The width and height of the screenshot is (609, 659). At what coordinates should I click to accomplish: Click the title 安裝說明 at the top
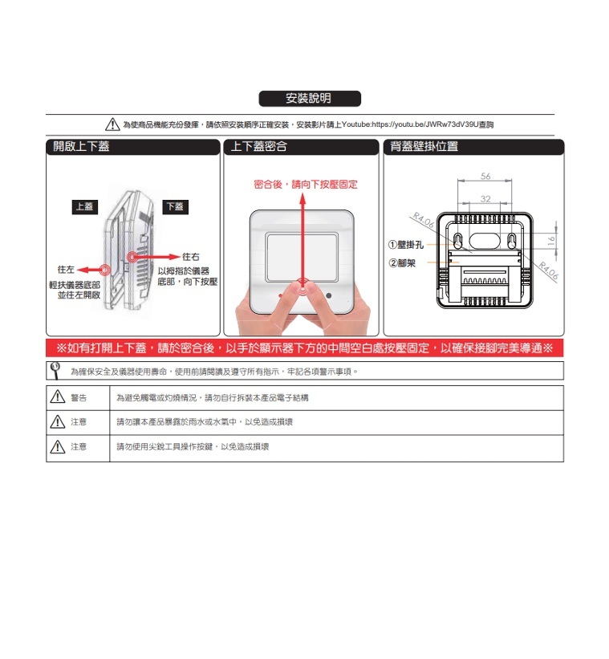click(309, 99)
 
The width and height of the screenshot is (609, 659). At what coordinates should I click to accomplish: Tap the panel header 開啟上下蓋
click(82, 146)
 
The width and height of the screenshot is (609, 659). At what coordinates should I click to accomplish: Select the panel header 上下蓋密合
click(259, 146)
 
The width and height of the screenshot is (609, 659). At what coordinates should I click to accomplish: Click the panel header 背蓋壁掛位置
click(424, 146)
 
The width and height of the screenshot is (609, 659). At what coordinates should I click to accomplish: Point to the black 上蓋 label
click(85, 207)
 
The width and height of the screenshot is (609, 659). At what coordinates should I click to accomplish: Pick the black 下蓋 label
click(175, 207)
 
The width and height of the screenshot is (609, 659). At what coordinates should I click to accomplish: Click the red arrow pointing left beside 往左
click(90, 270)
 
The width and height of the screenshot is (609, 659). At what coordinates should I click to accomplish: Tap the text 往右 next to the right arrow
click(191, 256)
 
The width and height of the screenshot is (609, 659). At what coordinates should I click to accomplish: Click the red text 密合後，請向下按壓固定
click(306, 185)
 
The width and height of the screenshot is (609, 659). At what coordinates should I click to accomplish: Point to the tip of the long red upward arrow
click(302, 193)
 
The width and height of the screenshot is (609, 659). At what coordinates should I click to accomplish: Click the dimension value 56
click(485, 176)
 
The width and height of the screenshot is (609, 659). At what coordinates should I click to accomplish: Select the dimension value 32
click(485, 199)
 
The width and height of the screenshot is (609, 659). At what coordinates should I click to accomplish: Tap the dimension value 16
click(551, 241)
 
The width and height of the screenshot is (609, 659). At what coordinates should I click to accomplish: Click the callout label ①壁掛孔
click(406, 245)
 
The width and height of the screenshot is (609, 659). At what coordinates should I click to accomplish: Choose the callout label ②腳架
click(402, 263)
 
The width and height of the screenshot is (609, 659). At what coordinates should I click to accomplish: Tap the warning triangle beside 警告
click(58, 397)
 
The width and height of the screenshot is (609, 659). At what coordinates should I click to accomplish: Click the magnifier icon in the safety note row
click(55, 370)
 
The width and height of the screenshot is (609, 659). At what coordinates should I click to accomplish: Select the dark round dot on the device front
click(329, 295)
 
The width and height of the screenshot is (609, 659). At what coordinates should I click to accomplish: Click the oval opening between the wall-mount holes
click(485, 241)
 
